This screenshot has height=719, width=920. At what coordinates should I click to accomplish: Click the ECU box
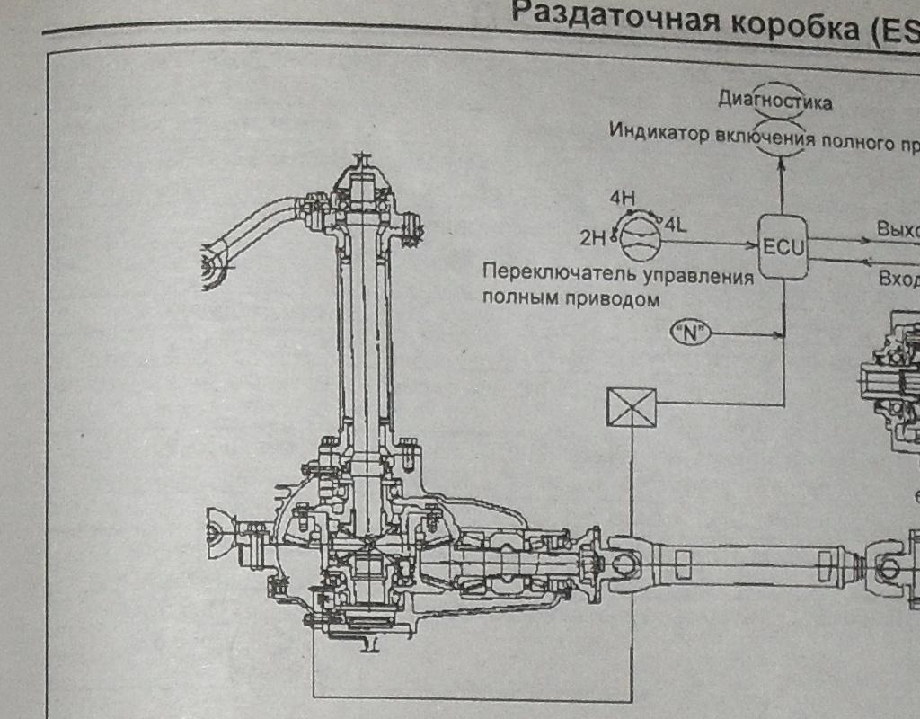coord(783,245)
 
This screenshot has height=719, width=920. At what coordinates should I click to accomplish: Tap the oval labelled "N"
coord(690,334)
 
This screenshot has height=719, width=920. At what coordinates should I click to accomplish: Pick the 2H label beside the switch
coord(594,237)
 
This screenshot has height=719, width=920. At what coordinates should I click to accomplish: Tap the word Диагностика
coord(774,101)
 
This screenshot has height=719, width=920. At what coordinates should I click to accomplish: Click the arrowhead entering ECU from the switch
coord(754,244)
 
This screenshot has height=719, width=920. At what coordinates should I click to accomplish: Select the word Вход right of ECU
coord(898,279)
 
